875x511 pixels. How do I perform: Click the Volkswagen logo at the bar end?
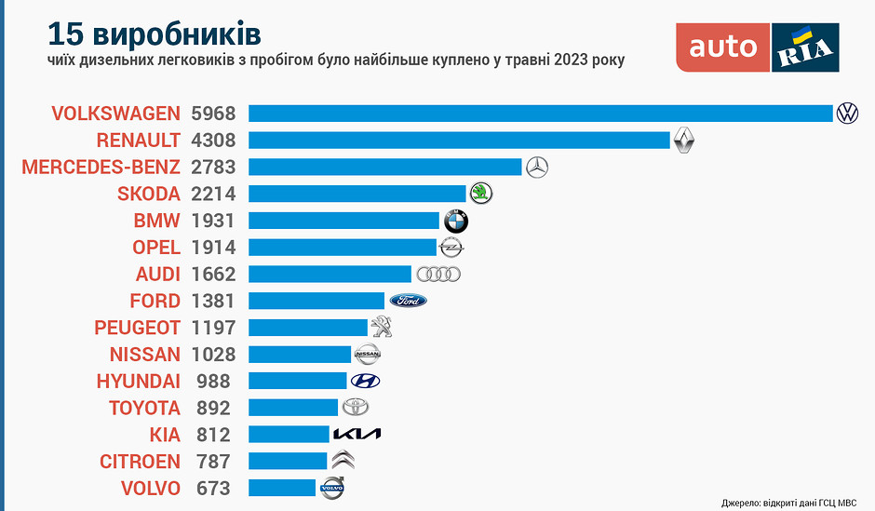[x=847, y=114]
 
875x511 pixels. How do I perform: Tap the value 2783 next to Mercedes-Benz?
[x=213, y=168]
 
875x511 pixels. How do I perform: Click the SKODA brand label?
[x=148, y=194]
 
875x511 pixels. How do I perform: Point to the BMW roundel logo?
[x=455, y=222]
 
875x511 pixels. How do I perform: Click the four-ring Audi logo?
[x=438, y=275]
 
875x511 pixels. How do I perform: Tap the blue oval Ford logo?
[x=408, y=301]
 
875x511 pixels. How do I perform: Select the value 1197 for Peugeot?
[x=213, y=328]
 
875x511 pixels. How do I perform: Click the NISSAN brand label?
[x=144, y=355]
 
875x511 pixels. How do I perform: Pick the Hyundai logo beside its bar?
[x=365, y=381]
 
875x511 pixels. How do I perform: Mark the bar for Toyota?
[x=293, y=408]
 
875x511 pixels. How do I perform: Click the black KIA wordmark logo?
[x=357, y=435]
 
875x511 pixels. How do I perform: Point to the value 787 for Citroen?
[x=213, y=461]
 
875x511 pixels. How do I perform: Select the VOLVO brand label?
[x=150, y=488]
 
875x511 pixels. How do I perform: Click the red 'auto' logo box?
[x=723, y=47]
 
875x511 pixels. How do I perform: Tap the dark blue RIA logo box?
[x=806, y=47]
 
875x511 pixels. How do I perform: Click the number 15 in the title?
[x=66, y=34]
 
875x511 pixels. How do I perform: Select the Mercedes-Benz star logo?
[x=537, y=168]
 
